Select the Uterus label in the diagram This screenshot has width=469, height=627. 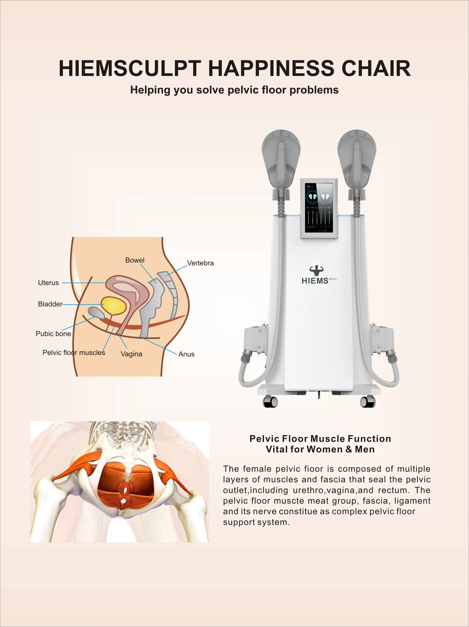point(48,283)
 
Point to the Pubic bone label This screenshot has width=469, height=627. point(53,334)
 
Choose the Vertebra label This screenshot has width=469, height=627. point(200,263)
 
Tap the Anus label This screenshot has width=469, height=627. point(186,354)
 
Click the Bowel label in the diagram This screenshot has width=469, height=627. point(135,260)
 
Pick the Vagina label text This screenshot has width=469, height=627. point(131,354)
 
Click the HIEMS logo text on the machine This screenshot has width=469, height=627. point(315,281)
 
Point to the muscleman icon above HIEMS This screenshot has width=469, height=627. point(316,270)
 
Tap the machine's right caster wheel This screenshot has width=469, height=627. point(368,402)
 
